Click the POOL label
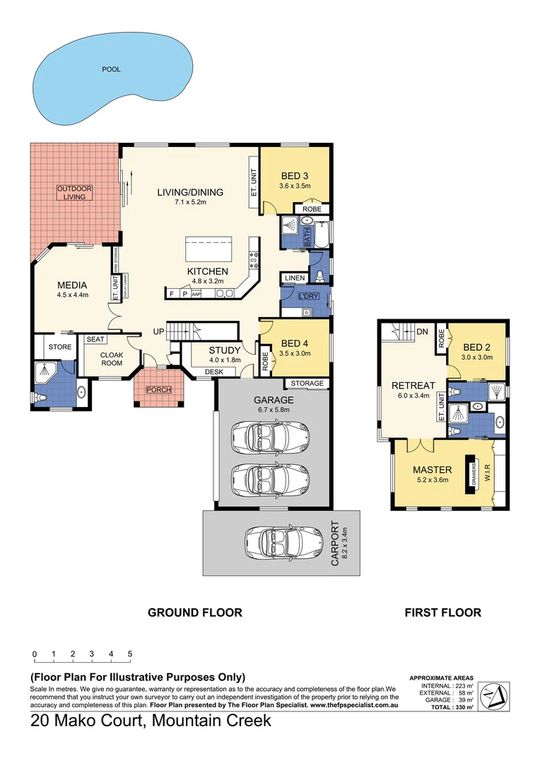tap(111, 69)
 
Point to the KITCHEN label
tap(207, 271)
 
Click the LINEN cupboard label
tap(295, 278)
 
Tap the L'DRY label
tap(310, 295)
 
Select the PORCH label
tap(158, 389)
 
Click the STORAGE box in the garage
tap(307, 384)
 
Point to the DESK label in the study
tap(214, 372)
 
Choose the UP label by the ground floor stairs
tap(160, 331)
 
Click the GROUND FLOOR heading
tap(194, 613)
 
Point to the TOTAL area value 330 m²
tap(464, 706)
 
